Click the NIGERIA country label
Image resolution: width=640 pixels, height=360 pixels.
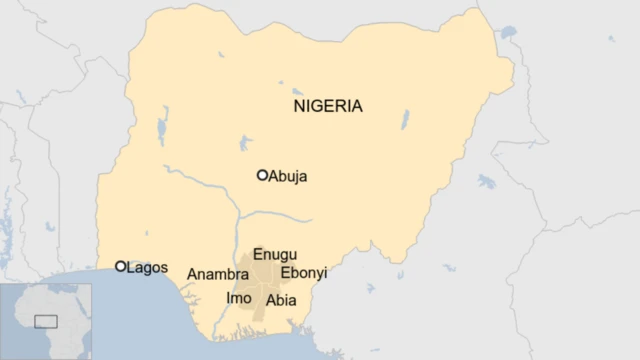coord(327,106)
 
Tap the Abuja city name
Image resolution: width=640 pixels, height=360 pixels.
coord(288,177)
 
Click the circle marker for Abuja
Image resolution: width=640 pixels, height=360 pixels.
coord(262,175)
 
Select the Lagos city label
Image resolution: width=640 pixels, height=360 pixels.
coord(147,268)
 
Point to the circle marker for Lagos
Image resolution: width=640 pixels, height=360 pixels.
coord(121,266)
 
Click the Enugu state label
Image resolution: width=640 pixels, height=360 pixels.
coord(275,255)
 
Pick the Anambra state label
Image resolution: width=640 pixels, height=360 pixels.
coord(217,274)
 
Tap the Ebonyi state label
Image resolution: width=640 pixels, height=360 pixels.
coord(304,273)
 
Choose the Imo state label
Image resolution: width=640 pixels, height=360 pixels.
coord(239,298)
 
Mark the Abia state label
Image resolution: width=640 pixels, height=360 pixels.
coord(281,299)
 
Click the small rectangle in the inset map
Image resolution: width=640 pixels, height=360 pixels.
coord(46,321)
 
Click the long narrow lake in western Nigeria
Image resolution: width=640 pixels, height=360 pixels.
coord(162,131)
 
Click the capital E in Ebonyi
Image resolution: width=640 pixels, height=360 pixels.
coord(285,273)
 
